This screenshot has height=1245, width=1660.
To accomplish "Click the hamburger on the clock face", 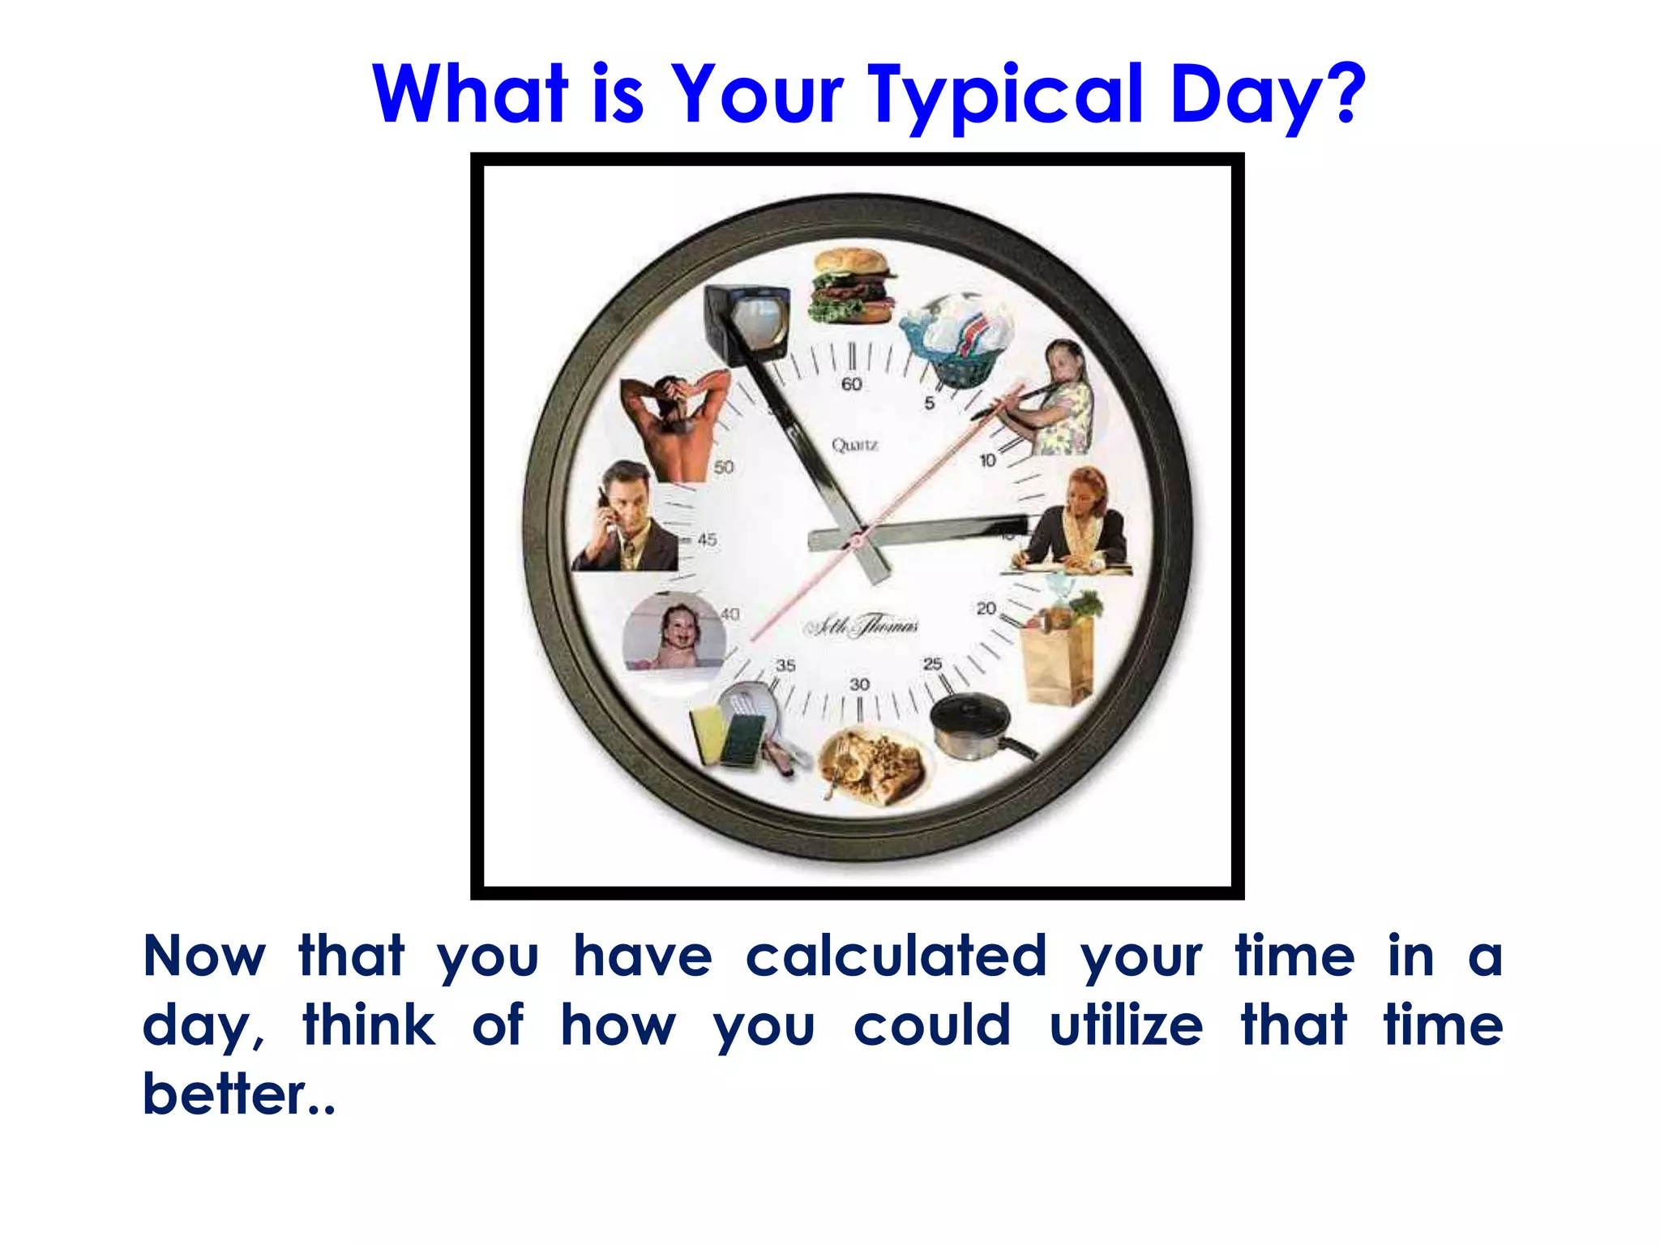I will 853,286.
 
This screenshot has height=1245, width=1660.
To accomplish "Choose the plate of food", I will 872,766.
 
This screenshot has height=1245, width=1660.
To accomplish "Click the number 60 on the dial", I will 852,384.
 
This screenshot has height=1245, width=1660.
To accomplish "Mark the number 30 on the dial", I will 859,685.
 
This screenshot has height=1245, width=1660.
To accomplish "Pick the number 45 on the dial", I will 707,539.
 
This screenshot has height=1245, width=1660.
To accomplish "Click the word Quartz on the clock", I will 855,445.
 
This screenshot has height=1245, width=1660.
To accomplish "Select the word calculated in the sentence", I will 896,956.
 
